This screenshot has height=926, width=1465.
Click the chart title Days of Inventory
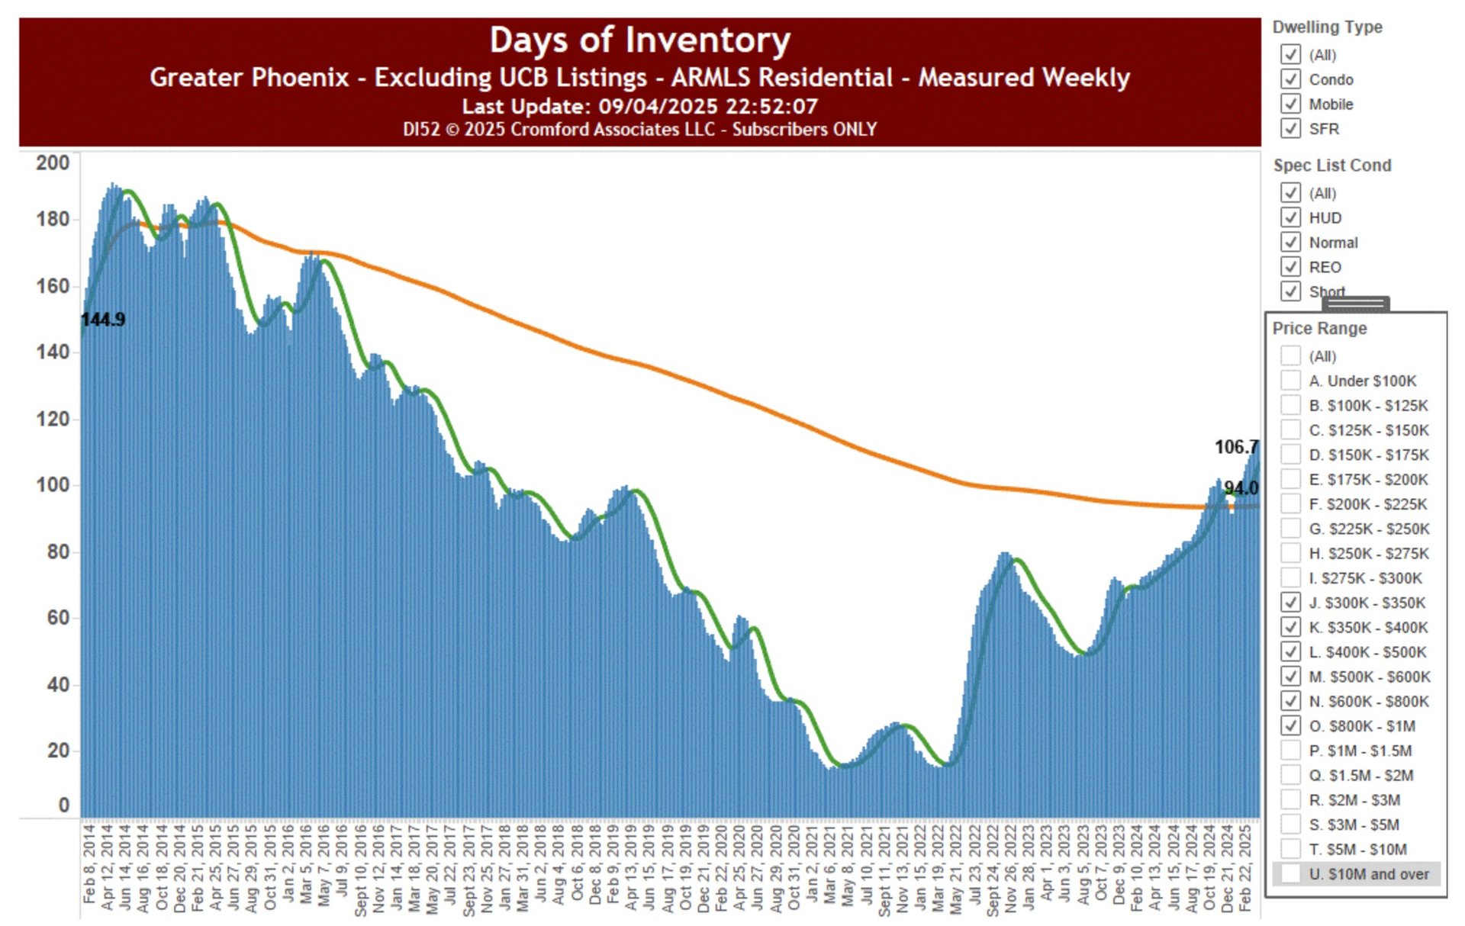(639, 40)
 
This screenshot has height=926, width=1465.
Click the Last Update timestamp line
(639, 106)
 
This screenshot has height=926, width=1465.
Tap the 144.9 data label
(103, 320)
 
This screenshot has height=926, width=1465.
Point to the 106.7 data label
(1235, 447)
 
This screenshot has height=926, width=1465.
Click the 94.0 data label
(1241, 488)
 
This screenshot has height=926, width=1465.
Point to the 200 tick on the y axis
(53, 163)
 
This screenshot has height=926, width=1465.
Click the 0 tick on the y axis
(63, 805)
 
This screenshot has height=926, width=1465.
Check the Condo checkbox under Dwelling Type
(1290, 79)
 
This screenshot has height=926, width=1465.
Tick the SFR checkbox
(1290, 128)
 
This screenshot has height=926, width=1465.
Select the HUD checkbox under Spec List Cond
(1290, 217)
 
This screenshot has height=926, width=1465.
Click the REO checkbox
(1290, 267)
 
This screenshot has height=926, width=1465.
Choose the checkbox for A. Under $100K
(1290, 381)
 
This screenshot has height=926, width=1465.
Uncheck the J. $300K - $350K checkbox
(1290, 603)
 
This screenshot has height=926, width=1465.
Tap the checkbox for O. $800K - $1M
(1290, 725)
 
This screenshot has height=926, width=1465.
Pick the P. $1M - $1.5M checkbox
(1290, 751)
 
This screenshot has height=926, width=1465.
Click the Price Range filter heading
(1319, 329)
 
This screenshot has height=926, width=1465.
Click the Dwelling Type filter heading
(1327, 27)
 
